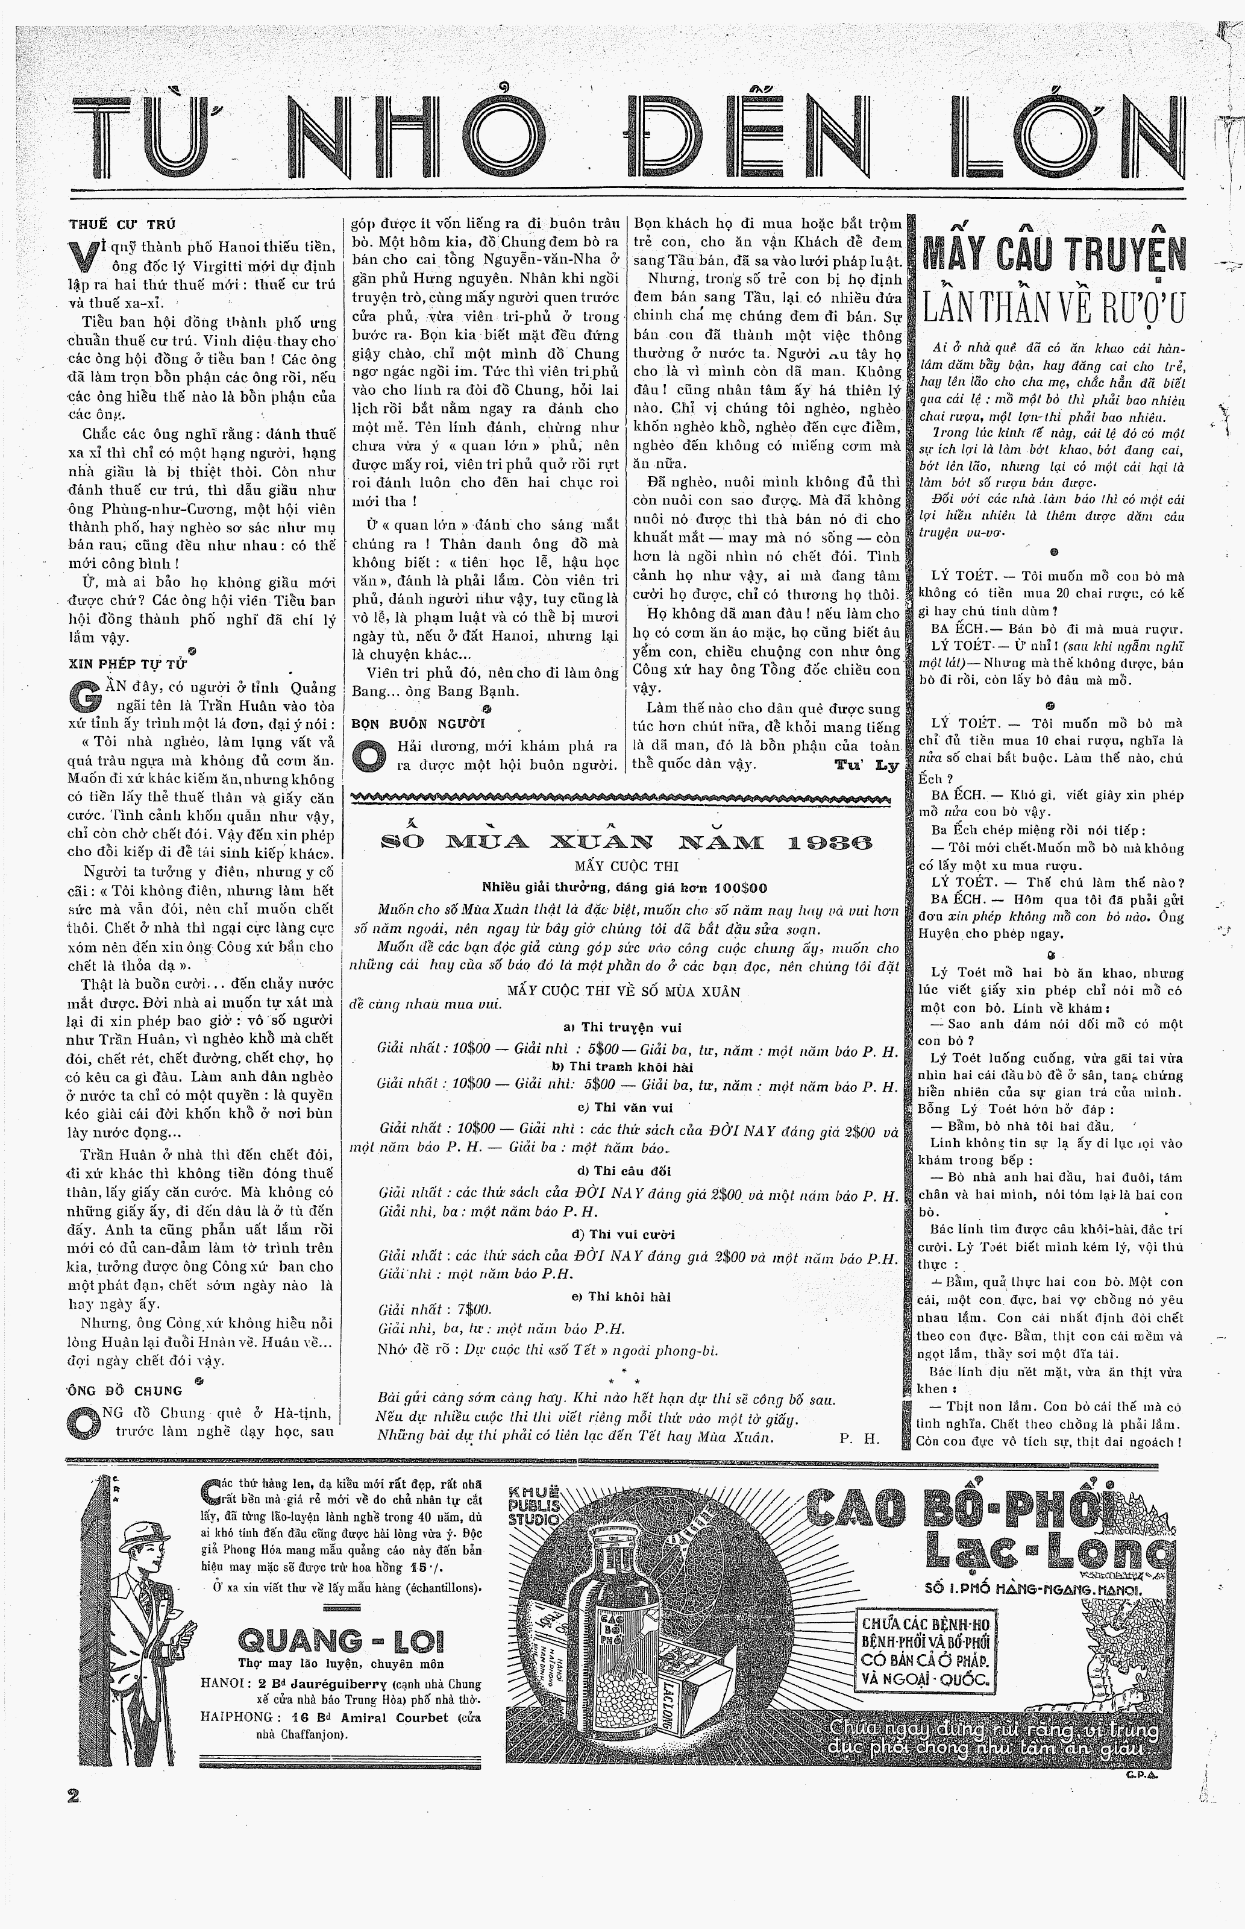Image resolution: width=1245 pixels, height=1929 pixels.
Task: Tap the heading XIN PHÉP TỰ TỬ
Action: click(128, 663)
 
